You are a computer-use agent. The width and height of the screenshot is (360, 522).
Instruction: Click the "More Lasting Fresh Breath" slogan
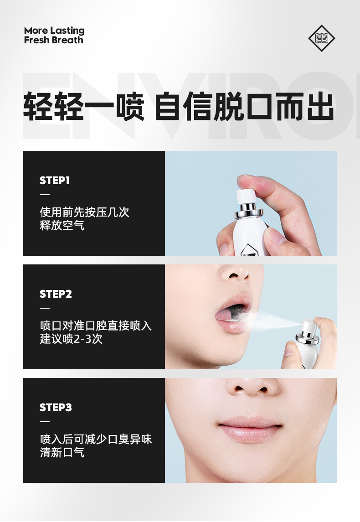pyautogui.click(x=54, y=35)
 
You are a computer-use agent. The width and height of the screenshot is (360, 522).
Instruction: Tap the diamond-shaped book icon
pyautogui.click(x=322, y=38)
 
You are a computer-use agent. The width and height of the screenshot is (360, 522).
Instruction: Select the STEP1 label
pyautogui.click(x=54, y=181)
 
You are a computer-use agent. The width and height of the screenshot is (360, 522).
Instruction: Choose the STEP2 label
pyautogui.click(x=56, y=294)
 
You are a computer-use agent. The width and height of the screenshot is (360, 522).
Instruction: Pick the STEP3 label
pyautogui.click(x=56, y=408)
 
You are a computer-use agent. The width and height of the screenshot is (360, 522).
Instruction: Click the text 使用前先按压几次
pyautogui.click(x=85, y=212)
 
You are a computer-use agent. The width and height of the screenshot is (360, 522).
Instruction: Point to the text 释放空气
pyautogui.click(x=62, y=225)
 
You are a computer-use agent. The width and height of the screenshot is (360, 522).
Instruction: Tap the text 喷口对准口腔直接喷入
pyautogui.click(x=96, y=326)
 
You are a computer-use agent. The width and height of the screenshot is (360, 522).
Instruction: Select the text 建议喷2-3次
pyautogui.click(x=71, y=339)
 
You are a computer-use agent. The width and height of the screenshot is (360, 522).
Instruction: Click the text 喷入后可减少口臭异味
pyautogui.click(x=96, y=439)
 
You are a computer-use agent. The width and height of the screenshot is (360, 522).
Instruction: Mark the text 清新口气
pyautogui.click(x=62, y=453)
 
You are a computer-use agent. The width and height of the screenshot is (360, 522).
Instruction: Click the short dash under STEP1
pyautogui.click(x=45, y=194)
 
